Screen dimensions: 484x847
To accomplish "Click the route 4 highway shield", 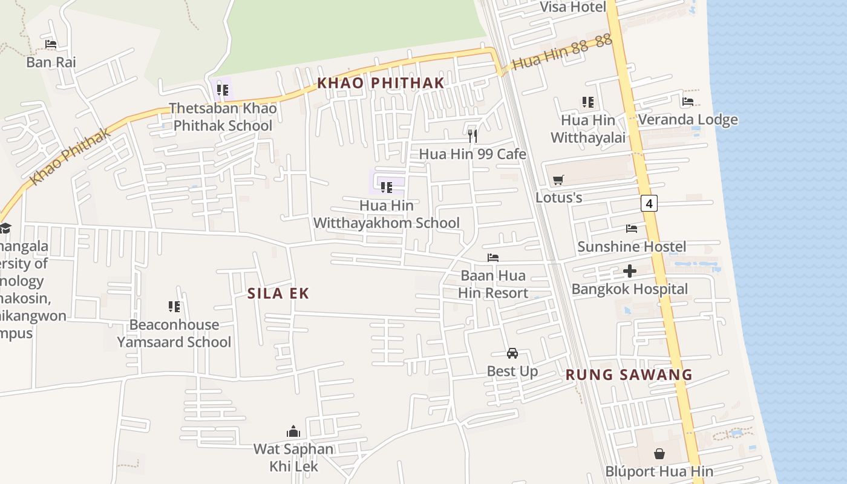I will [649, 203].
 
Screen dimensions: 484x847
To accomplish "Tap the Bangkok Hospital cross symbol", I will [630, 271].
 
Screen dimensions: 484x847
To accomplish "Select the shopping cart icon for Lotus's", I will [558, 180].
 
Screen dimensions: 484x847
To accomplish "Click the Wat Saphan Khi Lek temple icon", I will [293, 431].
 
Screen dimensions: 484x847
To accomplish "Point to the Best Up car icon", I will [512, 353].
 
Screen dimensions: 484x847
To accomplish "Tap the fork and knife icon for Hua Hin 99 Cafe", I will [473, 136].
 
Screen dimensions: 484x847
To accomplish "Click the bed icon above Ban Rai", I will [51, 44].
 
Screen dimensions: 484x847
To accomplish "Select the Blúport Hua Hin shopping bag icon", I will [659, 453].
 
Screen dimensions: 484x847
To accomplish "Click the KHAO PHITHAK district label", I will [381, 83].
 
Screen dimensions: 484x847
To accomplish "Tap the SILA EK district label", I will [278, 293].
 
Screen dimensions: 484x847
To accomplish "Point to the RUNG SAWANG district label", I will [629, 374].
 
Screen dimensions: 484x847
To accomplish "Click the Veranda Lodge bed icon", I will [688, 102].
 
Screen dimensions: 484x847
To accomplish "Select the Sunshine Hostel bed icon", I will [632, 229].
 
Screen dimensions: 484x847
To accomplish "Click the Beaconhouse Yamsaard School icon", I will [174, 307].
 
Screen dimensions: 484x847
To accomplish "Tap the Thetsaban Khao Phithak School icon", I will [223, 91].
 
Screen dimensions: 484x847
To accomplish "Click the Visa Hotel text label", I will [572, 7].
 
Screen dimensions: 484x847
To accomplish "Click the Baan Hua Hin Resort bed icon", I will [493, 258].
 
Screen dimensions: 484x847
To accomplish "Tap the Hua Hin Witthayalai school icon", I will [587, 102].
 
